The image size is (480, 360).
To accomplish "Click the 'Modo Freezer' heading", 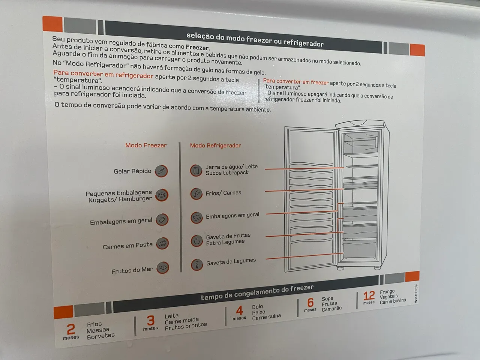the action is (x=146, y=145).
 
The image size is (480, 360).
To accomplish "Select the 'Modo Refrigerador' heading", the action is (x=215, y=145).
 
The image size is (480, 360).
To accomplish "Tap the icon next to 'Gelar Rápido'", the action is (x=161, y=171).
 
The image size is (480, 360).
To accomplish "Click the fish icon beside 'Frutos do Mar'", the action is (x=163, y=268).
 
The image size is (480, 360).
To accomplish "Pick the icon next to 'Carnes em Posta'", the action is (x=162, y=243).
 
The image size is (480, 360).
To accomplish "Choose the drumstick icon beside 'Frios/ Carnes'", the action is (x=196, y=193).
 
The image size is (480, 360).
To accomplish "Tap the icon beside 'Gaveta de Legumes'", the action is (x=197, y=264).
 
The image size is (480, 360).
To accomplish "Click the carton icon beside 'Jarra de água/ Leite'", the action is (x=196, y=171).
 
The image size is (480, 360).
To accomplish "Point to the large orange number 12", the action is (x=369, y=296).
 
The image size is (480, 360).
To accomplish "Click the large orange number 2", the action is (x=71, y=329).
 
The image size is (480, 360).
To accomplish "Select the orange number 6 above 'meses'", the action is (x=310, y=303).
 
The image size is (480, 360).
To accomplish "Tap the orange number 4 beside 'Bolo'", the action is (x=240, y=310).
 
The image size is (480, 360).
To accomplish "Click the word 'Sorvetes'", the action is (x=100, y=336).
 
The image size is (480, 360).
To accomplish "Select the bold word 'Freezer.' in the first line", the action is (x=198, y=47).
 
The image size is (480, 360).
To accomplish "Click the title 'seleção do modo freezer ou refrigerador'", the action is (x=255, y=40).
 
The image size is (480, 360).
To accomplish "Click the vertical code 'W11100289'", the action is (x=416, y=294).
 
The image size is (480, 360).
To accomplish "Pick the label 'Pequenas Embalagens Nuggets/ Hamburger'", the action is (x=119, y=196).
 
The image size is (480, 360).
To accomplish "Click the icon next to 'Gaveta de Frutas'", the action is (x=197, y=241).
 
